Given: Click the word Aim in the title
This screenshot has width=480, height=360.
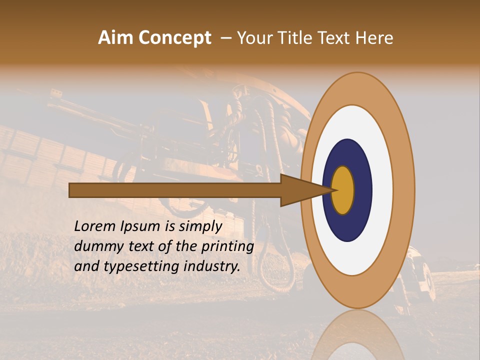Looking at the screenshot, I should pos(116,38).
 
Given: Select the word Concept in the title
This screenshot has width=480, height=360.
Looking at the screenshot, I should pos(175,38).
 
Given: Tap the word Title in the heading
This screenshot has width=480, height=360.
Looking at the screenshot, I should pos(293,38).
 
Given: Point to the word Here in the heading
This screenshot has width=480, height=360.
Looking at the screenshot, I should pos(375,38).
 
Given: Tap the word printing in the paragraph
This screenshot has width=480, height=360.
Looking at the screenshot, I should pos(227,246).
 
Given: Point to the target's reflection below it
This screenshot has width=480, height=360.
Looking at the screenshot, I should pos(357,337).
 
